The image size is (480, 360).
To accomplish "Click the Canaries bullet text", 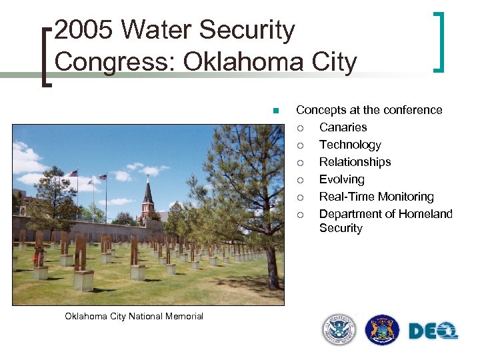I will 343,127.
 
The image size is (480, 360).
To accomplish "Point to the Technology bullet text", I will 350,145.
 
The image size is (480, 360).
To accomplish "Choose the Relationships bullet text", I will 355,162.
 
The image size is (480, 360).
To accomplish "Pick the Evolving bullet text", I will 341,179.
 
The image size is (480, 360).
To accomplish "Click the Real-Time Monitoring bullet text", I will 376,197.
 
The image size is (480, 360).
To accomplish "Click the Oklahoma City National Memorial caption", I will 134,316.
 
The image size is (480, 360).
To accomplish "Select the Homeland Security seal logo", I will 339,330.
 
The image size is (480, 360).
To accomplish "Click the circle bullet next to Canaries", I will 301,128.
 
